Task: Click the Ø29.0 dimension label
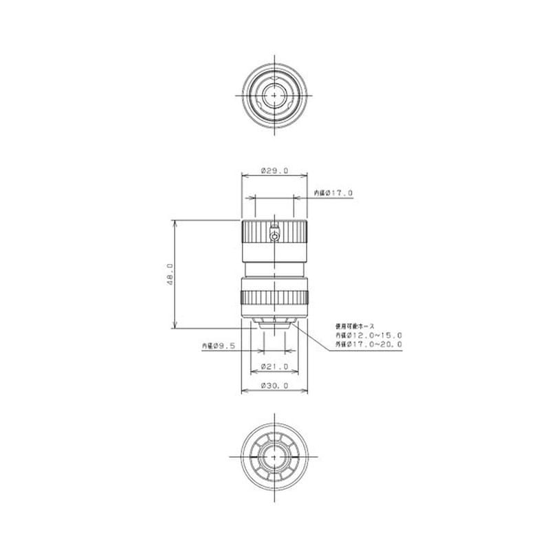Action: pyautogui.click(x=275, y=170)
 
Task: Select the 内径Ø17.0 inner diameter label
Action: pyautogui.click(x=333, y=193)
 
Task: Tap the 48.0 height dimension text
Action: pyautogui.click(x=169, y=274)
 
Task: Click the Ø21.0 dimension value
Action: pyautogui.click(x=275, y=367)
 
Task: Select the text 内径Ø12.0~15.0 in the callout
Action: pyautogui.click(x=368, y=335)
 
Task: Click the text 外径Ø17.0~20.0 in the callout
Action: pyautogui.click(x=368, y=344)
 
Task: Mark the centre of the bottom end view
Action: pyautogui.click(x=275, y=456)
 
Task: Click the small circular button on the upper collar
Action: pyautogui.click(x=275, y=236)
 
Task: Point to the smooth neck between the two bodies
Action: pyautogui.click(x=275, y=269)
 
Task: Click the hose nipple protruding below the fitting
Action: pyautogui.click(x=275, y=324)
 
